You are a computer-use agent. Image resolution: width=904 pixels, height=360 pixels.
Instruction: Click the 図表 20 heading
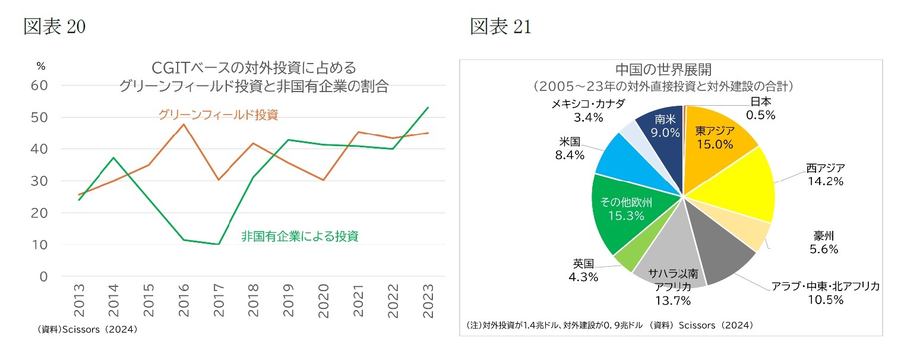(54, 27)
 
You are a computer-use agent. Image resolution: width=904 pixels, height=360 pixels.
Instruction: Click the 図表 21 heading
(500, 27)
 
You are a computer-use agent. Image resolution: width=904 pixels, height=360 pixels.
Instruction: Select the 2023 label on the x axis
(428, 296)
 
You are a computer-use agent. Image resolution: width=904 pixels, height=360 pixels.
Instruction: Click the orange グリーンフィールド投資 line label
(218, 115)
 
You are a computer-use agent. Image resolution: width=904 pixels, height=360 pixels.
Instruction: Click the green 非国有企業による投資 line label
(299, 236)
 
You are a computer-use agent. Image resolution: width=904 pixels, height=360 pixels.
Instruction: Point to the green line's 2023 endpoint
(428, 108)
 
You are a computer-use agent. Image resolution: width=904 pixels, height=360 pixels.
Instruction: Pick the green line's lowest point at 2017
(219, 244)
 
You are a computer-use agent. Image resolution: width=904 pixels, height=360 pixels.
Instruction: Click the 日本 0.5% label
(760, 109)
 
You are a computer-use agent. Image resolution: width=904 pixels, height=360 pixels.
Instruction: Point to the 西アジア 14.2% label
(825, 175)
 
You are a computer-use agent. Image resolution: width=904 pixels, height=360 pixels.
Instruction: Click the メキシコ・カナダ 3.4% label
(588, 110)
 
